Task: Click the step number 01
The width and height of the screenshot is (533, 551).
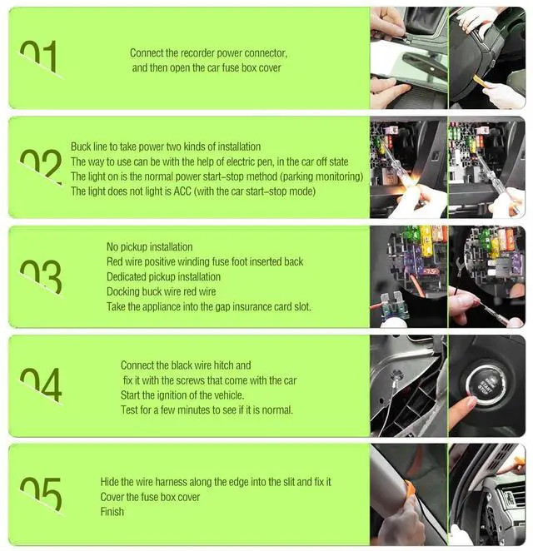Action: [39, 58]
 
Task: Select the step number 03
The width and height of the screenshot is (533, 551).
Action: [41, 277]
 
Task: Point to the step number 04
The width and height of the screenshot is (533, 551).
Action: [41, 385]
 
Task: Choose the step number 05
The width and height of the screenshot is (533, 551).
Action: [41, 494]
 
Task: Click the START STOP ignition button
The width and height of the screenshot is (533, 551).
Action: [486, 385]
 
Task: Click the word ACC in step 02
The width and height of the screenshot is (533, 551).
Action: [182, 191]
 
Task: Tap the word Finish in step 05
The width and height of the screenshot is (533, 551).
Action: [112, 512]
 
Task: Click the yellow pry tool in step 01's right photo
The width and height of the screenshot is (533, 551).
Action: [479, 82]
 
